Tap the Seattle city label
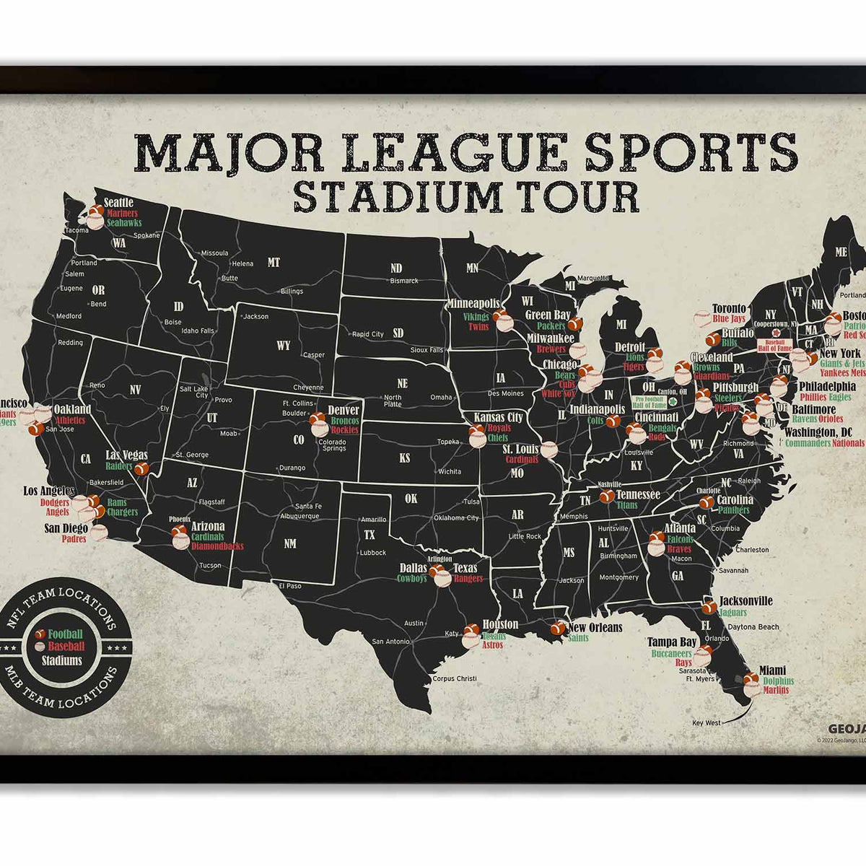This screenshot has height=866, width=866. point(118,203)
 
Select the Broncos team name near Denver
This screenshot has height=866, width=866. point(344,421)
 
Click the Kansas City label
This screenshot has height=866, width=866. point(499,418)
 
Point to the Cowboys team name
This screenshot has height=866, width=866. point(412,578)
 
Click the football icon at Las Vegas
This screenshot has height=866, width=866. point(142,468)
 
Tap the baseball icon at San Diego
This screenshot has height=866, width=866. point(99,533)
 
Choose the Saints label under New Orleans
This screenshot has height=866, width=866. point(579,638)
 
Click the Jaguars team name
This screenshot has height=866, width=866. point(733,612)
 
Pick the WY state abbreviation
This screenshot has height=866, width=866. point(283,346)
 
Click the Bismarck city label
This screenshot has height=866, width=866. point(404,281)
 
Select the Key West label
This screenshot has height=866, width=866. point(706,722)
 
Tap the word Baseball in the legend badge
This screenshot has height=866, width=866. point(66,647)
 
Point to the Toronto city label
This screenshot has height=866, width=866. point(729,309)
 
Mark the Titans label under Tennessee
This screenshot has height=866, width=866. point(627,505)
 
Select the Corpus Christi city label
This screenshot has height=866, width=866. point(455,678)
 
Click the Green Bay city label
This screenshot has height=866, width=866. point(548,315)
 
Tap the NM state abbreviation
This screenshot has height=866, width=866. point(289,543)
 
